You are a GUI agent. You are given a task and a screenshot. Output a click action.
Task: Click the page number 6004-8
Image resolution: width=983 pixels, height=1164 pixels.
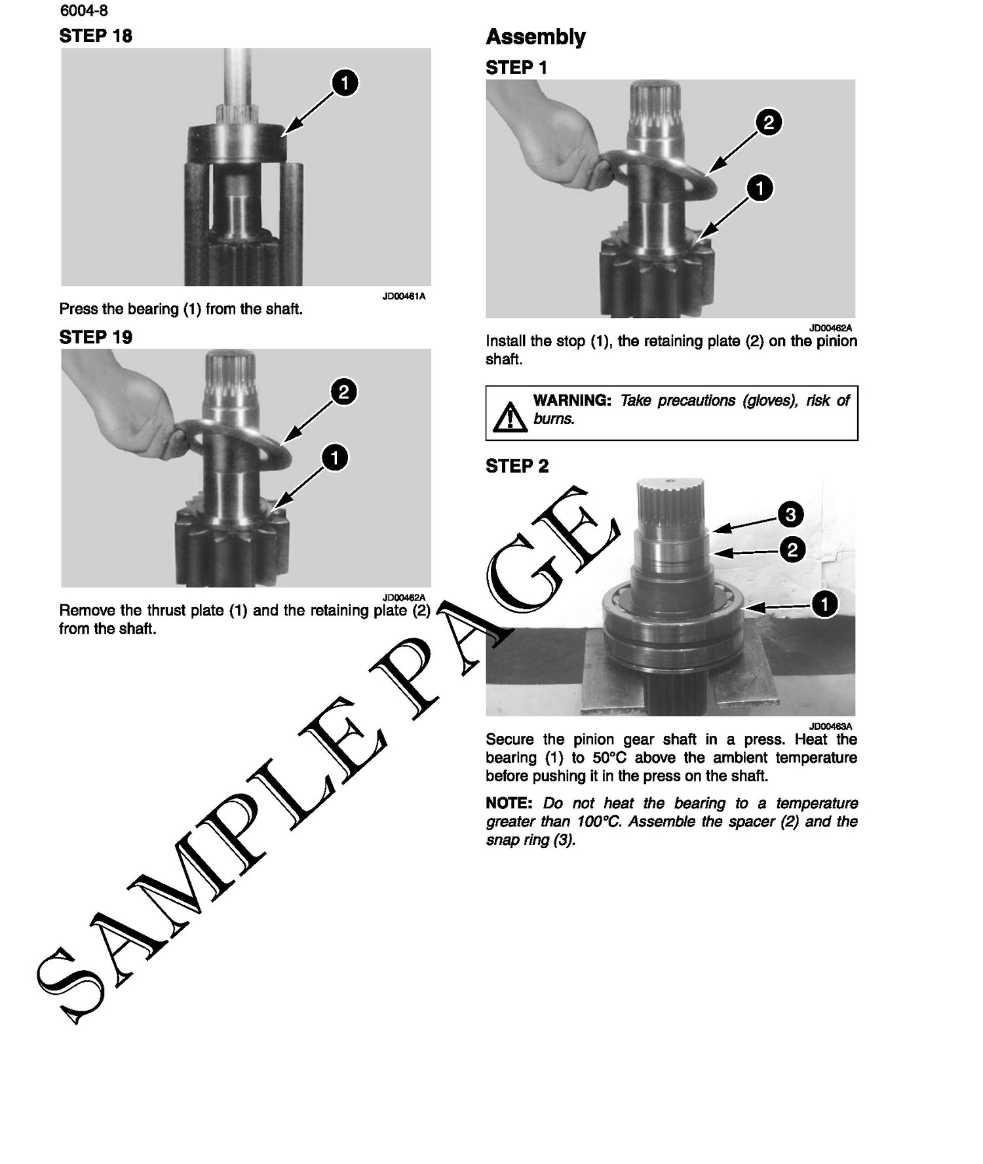(x=83, y=10)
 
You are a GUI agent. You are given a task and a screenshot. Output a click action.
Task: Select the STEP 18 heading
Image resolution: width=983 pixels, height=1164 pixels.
(x=96, y=36)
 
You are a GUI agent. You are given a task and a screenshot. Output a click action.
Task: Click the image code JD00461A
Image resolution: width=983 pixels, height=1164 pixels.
(x=404, y=296)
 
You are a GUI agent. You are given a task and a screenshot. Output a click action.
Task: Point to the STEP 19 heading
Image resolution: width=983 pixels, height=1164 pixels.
(x=96, y=338)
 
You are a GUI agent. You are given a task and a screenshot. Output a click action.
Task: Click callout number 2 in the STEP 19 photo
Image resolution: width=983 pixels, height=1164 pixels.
(x=344, y=392)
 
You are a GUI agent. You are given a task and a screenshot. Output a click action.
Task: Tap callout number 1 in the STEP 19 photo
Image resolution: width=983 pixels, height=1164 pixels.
(x=336, y=457)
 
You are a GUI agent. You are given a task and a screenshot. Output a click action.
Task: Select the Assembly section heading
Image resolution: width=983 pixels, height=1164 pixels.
(x=535, y=37)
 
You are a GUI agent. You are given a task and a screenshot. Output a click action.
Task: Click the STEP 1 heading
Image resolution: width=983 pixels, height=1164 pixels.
(x=516, y=68)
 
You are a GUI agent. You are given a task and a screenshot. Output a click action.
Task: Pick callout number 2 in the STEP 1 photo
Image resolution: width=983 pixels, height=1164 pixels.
(x=769, y=122)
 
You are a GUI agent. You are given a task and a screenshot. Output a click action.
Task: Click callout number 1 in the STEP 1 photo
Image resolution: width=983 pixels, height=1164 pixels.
(x=760, y=188)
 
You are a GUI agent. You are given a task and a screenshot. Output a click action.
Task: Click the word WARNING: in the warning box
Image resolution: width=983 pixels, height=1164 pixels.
(x=572, y=400)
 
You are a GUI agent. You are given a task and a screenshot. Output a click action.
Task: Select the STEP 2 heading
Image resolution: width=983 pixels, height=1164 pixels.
(x=517, y=467)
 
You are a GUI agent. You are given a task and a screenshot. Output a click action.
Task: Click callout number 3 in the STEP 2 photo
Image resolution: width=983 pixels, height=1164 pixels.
(x=790, y=514)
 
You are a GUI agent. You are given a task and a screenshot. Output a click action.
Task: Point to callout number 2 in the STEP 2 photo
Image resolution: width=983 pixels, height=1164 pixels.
(x=792, y=549)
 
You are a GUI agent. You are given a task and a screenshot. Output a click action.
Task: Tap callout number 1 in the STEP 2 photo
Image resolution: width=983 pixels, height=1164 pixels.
(x=824, y=604)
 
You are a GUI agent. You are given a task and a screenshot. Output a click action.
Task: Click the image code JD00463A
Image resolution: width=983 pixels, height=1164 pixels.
(x=831, y=726)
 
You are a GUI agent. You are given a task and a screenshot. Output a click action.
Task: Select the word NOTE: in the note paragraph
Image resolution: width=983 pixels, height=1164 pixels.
(x=507, y=804)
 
